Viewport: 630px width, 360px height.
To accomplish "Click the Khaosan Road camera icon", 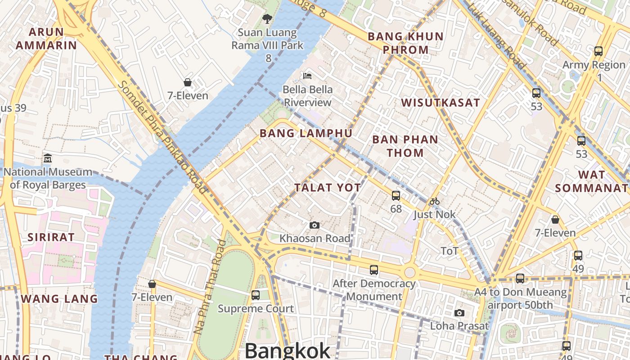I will click(315, 225).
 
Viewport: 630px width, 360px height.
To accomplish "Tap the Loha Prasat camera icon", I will click(459, 313).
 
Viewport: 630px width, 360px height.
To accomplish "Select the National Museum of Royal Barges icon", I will click(48, 158).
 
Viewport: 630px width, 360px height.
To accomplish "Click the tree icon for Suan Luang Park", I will click(267, 19).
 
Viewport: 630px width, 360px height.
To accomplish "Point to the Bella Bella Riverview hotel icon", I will click(307, 76).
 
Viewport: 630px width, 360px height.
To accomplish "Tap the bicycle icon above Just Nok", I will click(434, 201).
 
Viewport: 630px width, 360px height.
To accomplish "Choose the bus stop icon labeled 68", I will click(396, 196).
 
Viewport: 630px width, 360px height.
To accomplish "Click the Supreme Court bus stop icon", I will click(256, 295).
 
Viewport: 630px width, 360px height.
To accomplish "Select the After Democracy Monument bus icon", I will click(374, 270).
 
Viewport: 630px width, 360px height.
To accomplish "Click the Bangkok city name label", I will click(288, 351).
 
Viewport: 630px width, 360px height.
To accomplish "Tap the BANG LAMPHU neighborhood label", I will click(306, 133).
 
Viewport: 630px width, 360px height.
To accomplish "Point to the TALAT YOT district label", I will click(328, 188).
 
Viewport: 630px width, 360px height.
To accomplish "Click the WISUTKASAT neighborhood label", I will click(441, 103).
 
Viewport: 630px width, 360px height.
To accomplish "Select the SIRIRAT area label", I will click(51, 238).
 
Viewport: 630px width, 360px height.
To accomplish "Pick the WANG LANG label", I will click(59, 299).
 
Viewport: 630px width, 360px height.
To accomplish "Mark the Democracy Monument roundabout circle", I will click(409, 272).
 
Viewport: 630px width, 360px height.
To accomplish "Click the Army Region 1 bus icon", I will click(598, 51).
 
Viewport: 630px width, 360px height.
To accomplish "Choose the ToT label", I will click(450, 251).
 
